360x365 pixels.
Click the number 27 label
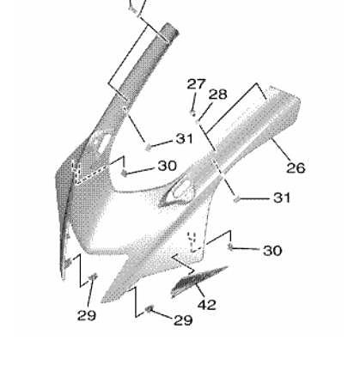tap(196, 84)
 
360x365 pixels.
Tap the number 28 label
tap(218, 94)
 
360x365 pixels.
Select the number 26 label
tap(296, 167)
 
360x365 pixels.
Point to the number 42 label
tap(207, 305)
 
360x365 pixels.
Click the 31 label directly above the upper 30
tap(184, 139)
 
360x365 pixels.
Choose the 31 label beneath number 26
tap(282, 198)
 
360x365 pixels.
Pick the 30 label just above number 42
tap(272, 251)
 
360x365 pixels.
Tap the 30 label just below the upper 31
tap(167, 166)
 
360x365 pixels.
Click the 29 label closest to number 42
tap(183, 320)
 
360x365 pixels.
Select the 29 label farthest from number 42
tap(87, 315)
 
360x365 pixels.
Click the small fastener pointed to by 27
tap(193, 113)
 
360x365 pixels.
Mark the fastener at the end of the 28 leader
tap(198, 121)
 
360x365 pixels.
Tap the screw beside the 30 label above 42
tap(230, 246)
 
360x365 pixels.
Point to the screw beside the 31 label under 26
tap(236, 199)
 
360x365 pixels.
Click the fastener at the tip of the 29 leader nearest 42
tap(149, 309)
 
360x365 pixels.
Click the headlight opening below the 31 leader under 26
tap(178, 192)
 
